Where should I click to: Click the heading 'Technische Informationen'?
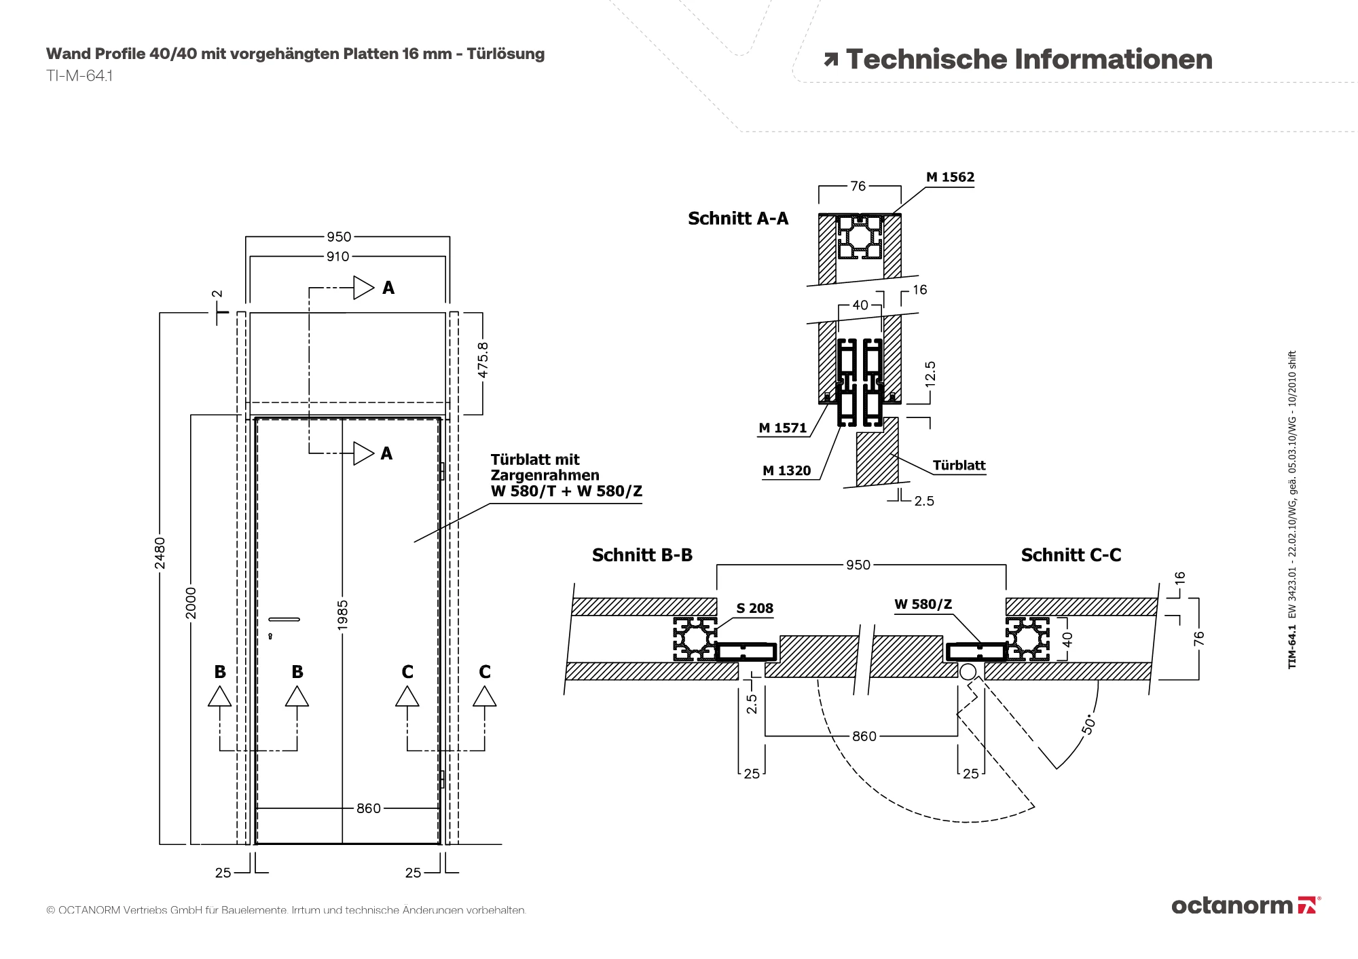coord(1029,60)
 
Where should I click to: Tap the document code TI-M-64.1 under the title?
coord(79,75)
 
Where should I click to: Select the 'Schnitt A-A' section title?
coord(738,219)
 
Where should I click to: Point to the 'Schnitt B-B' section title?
coord(642,555)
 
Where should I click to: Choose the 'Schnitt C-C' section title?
coord(1071,555)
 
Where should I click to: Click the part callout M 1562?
coord(950,177)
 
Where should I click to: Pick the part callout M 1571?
coord(783,428)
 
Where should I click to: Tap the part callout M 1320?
coord(787,471)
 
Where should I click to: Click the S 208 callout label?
coord(755,609)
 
